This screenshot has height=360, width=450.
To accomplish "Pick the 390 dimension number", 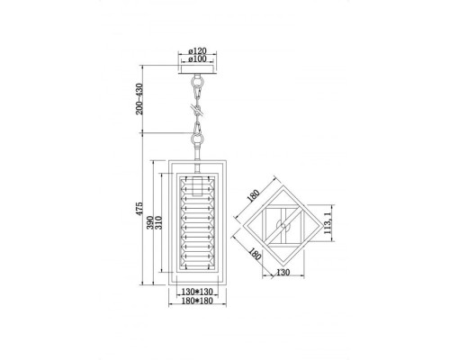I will point(151,230).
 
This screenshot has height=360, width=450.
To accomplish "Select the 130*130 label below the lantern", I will point(195,292).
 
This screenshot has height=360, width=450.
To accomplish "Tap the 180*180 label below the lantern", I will point(195,302).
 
